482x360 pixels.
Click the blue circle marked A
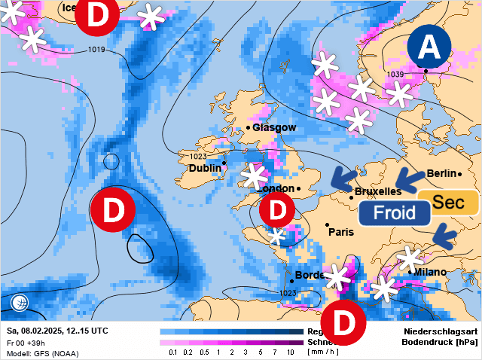[429, 47]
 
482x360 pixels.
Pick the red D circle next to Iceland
[98, 15]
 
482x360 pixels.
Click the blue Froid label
[395, 213]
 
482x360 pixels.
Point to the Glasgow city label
[274, 128]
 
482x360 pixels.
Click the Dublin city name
[204, 168]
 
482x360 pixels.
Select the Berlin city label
[442, 174]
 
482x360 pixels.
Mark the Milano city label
[429, 272]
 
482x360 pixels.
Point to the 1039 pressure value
[395, 74]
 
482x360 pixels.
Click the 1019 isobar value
[96, 50]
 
